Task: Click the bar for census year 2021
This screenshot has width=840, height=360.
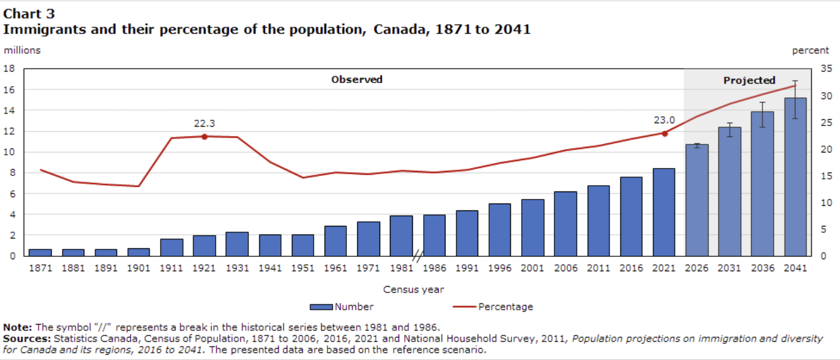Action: [x=664, y=212]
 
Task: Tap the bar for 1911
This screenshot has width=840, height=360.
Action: [x=171, y=247]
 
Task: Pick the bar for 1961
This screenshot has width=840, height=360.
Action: [x=335, y=241]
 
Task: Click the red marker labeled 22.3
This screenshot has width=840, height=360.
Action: [x=204, y=136]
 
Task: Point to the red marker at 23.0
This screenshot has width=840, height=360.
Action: [x=665, y=134]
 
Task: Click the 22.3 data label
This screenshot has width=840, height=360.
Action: [x=204, y=123]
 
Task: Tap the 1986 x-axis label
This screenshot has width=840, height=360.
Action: [x=434, y=268]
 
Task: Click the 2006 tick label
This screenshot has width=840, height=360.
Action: [x=565, y=268]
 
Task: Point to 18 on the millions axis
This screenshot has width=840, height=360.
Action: [x=9, y=69]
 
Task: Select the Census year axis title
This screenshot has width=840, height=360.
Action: [x=413, y=289]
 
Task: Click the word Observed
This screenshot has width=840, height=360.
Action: [x=357, y=80]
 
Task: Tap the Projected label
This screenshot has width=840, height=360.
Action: [x=749, y=80]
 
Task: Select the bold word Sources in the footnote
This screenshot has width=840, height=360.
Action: [x=26, y=339]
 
